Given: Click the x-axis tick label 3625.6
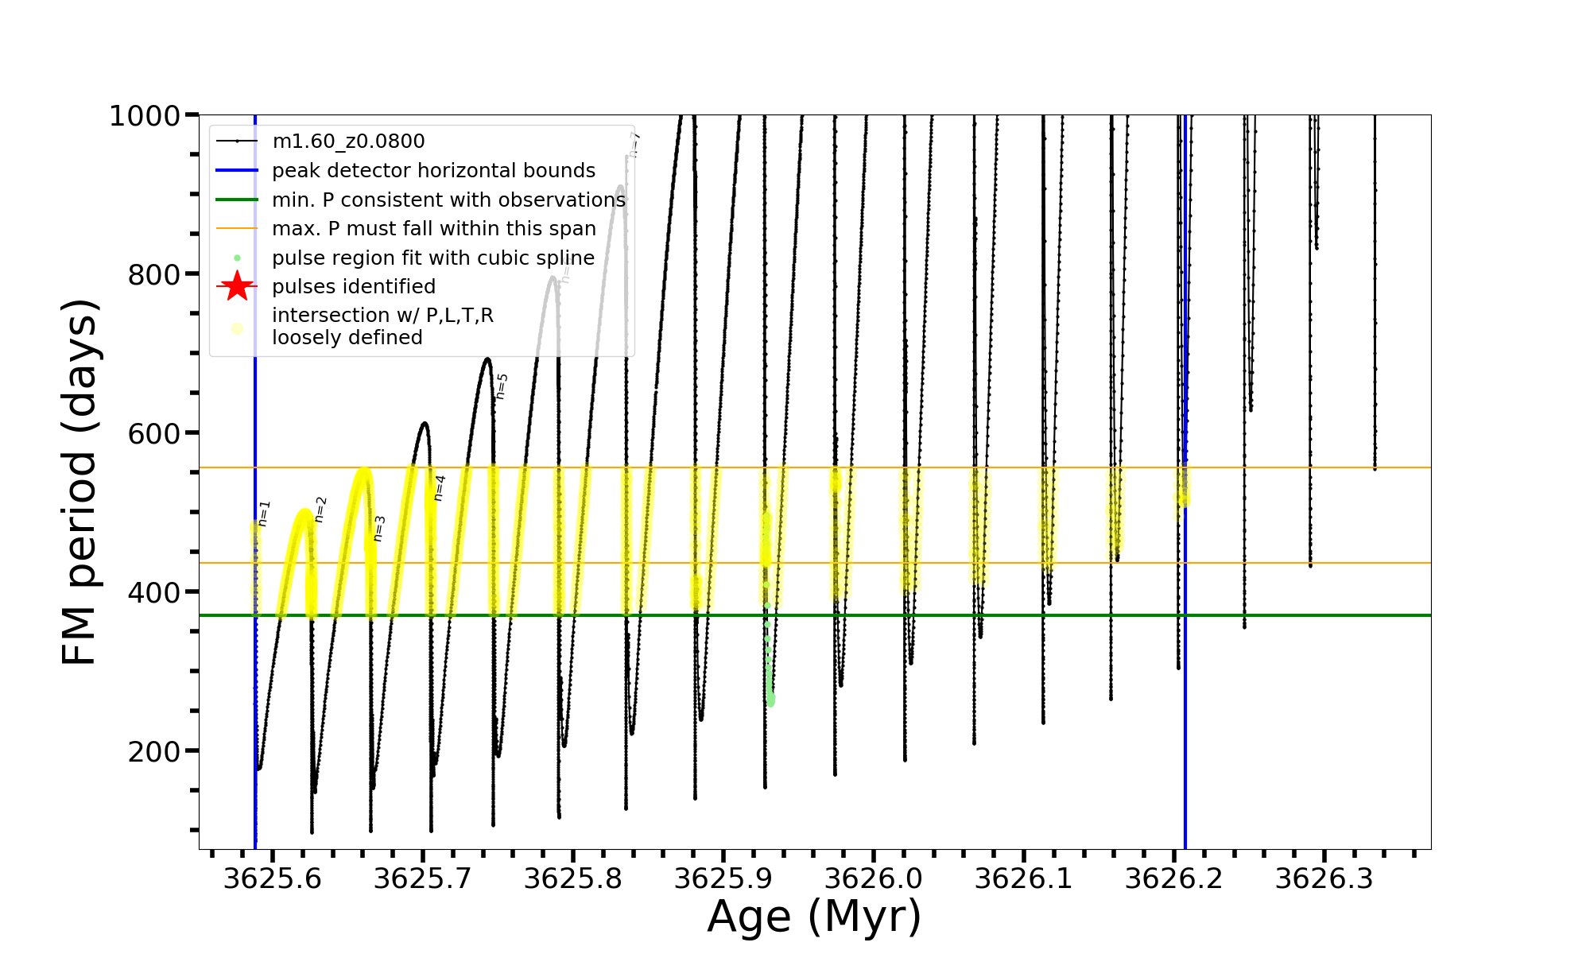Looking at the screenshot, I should [273, 878].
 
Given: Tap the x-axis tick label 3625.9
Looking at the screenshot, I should [723, 878].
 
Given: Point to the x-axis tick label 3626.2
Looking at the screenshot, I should [1174, 878].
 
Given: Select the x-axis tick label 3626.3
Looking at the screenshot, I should [1324, 878].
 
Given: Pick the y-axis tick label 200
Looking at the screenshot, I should [154, 751].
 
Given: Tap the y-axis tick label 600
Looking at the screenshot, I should [154, 433].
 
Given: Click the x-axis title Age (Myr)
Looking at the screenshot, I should [814, 917].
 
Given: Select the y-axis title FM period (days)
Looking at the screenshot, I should [80, 482].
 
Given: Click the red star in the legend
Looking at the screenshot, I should [237, 286].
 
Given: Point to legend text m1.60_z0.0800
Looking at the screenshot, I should [348, 142].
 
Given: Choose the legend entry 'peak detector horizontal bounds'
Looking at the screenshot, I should [433, 171].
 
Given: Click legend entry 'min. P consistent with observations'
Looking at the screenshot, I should [448, 200].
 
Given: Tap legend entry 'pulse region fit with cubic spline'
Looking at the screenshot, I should [432, 258].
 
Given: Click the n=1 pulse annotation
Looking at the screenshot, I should [265, 514].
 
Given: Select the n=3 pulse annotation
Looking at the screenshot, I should [379, 529].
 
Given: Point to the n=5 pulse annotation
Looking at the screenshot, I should [502, 386].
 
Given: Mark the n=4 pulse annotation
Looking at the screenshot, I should [440, 488].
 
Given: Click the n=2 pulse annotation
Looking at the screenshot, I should [321, 510].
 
